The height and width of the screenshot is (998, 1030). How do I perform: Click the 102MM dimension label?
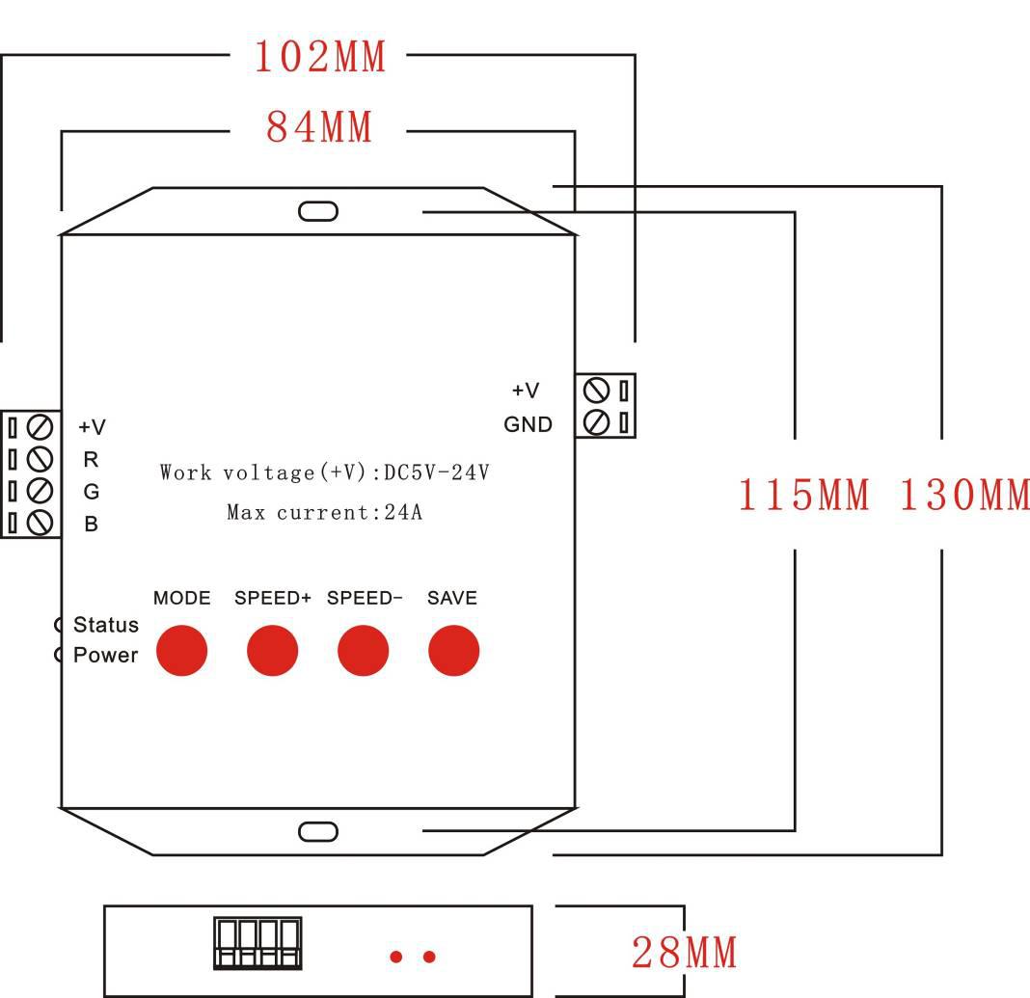[x=319, y=57]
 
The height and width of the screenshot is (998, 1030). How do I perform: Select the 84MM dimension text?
[x=319, y=126]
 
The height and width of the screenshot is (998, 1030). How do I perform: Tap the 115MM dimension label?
[x=803, y=495]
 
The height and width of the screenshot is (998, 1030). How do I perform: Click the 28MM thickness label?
[x=684, y=953]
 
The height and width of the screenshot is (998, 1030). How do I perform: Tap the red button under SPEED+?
[x=272, y=650]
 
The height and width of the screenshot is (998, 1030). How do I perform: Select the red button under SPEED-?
[x=363, y=650]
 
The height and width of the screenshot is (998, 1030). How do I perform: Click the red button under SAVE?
[x=453, y=650]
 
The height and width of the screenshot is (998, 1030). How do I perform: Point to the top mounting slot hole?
[x=318, y=210]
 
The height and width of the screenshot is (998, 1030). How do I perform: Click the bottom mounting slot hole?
[x=318, y=831]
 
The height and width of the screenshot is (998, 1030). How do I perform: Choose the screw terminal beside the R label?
[x=40, y=458]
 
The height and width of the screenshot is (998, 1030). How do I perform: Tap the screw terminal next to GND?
[x=597, y=421]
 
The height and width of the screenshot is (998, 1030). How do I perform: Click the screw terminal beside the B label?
[x=40, y=523]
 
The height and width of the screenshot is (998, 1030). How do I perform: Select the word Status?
[x=106, y=625]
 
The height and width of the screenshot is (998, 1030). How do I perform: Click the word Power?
[x=106, y=656]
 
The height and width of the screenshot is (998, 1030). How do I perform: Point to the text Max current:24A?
[x=324, y=512]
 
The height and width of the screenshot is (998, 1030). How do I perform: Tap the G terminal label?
[x=92, y=492]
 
